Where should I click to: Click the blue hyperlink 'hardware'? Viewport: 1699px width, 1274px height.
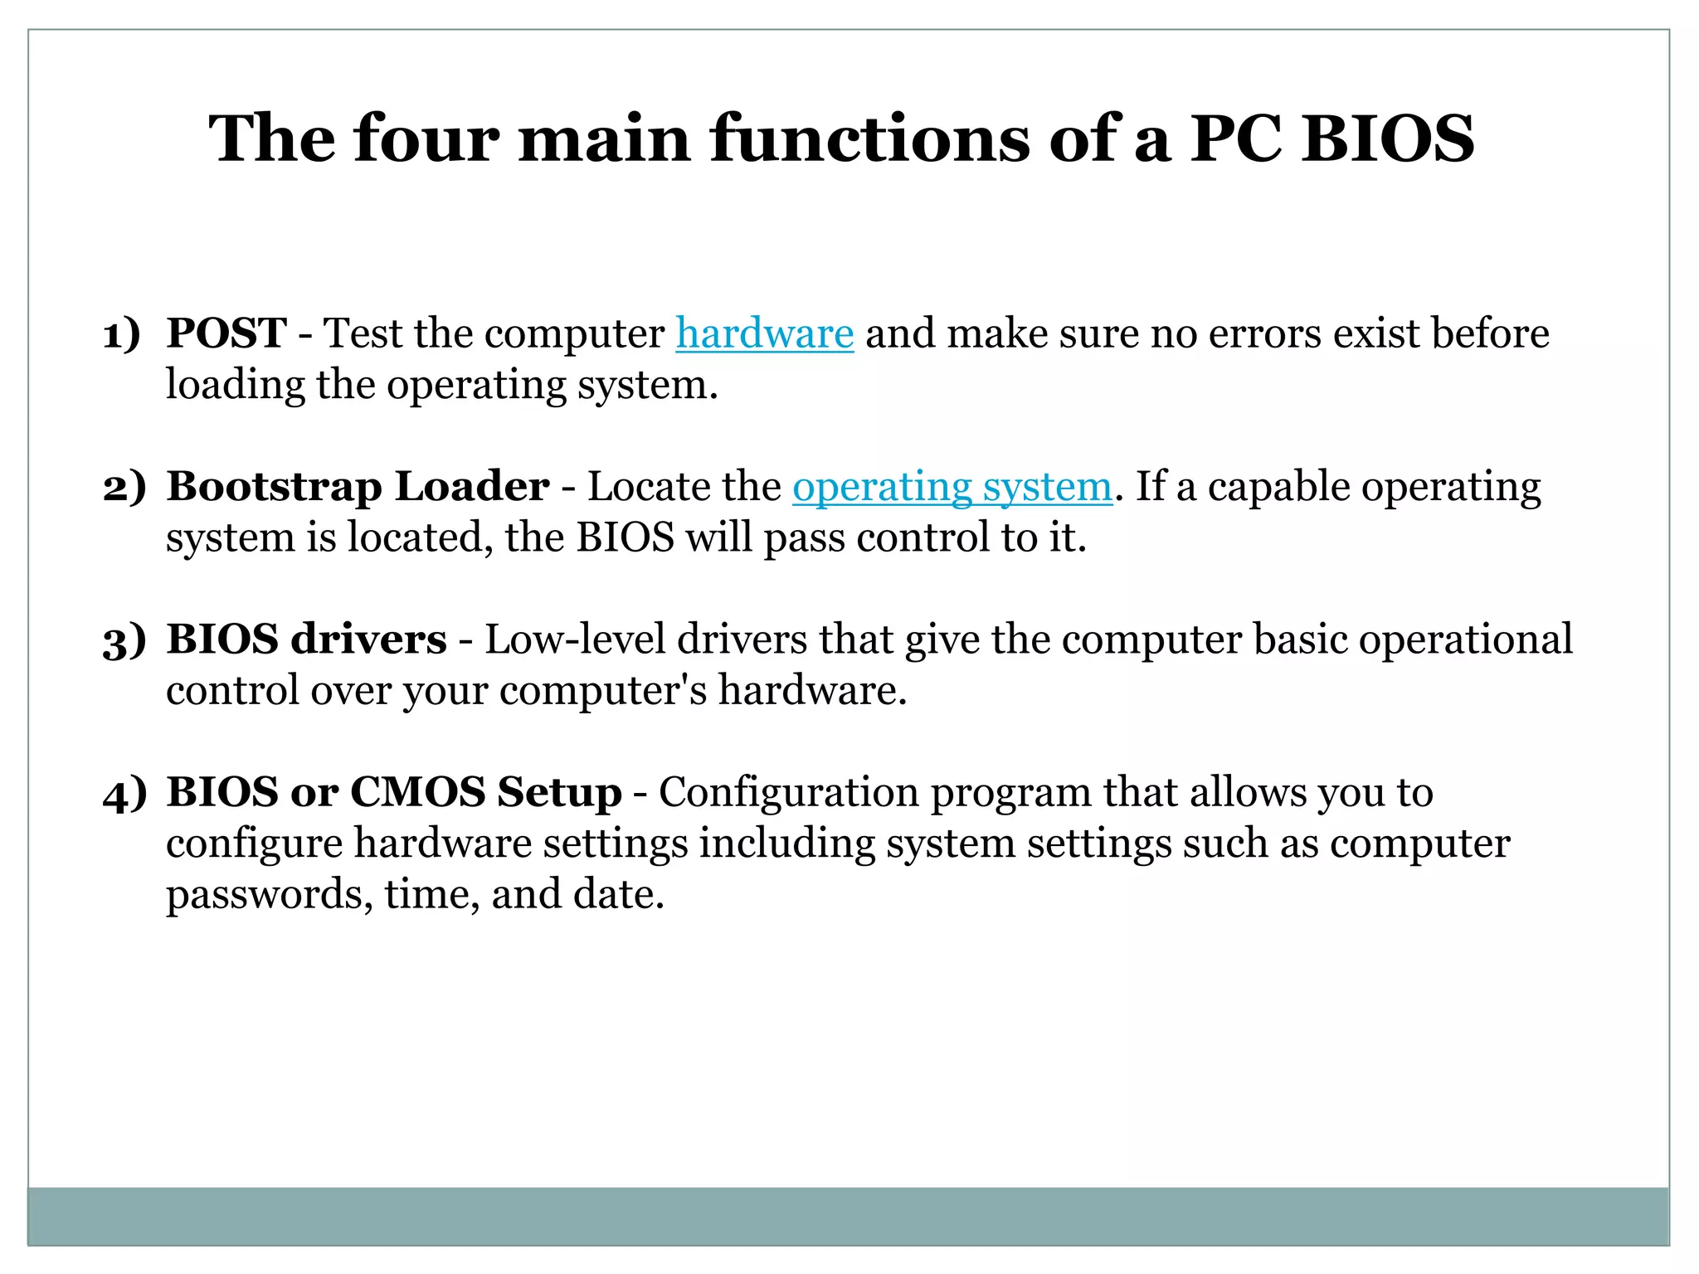pyautogui.click(x=764, y=333)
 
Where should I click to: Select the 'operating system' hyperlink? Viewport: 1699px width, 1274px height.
pyautogui.click(x=952, y=487)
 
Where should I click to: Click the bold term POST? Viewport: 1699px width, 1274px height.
pyautogui.click(x=226, y=333)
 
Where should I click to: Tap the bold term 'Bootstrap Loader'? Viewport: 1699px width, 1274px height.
pyautogui.click(x=358, y=487)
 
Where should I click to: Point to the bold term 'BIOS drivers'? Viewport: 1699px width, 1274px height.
pyautogui.click(x=306, y=639)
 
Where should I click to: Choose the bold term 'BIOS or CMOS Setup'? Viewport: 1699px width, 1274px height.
pyautogui.click(x=394, y=792)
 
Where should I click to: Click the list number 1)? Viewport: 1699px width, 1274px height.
pyautogui.click(x=121, y=335)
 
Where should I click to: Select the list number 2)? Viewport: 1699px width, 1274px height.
pyautogui.click(x=124, y=488)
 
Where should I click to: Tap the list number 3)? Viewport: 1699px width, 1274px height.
pyautogui.click(x=124, y=641)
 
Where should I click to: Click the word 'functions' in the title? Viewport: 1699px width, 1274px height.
pyautogui.click(x=869, y=138)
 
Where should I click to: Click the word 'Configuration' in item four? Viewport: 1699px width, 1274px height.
pyautogui.click(x=788, y=792)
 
